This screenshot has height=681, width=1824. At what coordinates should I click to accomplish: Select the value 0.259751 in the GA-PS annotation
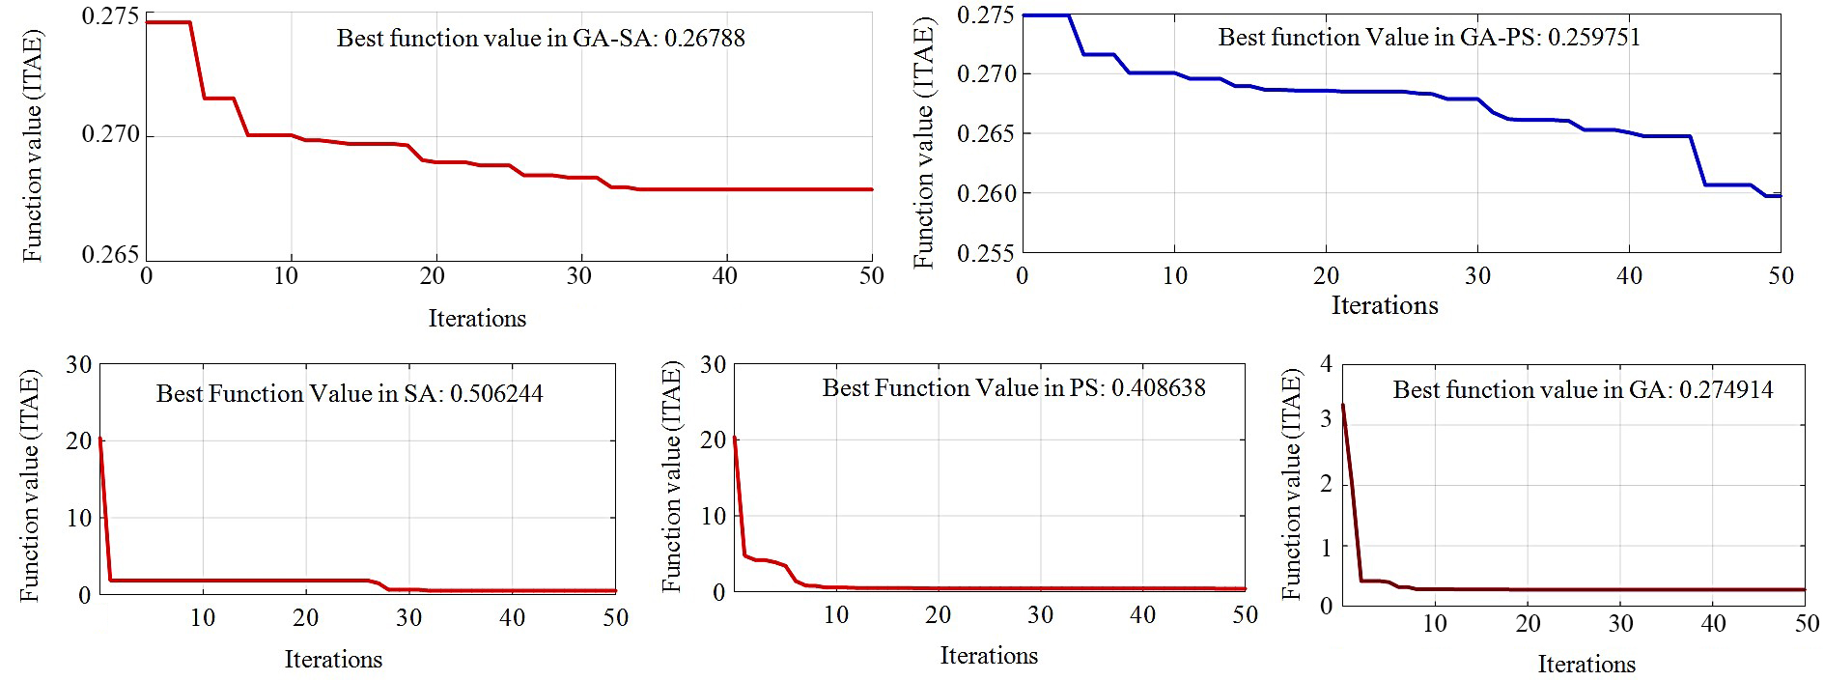pyautogui.click(x=1593, y=38)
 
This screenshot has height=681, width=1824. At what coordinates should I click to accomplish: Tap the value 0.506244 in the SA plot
pyautogui.click(x=496, y=394)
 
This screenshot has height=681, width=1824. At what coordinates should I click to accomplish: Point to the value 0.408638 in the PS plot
pyautogui.click(x=1158, y=388)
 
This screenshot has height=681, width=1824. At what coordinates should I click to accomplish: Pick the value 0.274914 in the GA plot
pyautogui.click(x=1726, y=390)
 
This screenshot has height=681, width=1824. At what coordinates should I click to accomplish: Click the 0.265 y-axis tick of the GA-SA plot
pyautogui.click(x=110, y=255)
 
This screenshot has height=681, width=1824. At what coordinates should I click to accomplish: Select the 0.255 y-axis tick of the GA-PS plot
pyautogui.click(x=985, y=253)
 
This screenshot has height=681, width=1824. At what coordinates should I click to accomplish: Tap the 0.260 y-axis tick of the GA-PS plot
pyautogui.click(x=985, y=193)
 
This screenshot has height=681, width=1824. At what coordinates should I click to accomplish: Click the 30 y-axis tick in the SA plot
pyautogui.click(x=79, y=365)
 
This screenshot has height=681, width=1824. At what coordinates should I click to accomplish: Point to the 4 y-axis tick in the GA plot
pyautogui.click(x=1326, y=364)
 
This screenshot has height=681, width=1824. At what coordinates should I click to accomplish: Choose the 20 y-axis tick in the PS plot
pyautogui.click(x=713, y=440)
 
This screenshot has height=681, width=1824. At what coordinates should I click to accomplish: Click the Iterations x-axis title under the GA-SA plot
pyautogui.click(x=477, y=319)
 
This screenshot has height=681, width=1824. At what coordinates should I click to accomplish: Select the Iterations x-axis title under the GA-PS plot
pyautogui.click(x=1385, y=306)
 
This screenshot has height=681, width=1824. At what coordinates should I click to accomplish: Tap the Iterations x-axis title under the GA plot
pyautogui.click(x=1586, y=665)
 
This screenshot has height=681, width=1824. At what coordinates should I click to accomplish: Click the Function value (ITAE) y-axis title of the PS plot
pyautogui.click(x=672, y=478)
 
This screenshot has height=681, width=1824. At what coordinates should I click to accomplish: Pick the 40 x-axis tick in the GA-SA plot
pyautogui.click(x=724, y=276)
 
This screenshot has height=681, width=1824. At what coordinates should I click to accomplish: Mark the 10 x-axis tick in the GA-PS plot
pyautogui.click(x=1174, y=276)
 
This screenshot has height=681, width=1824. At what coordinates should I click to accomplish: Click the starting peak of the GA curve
pyautogui.click(x=1343, y=405)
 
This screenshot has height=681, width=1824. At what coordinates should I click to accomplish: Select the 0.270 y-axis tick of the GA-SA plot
pyautogui.click(x=110, y=135)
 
